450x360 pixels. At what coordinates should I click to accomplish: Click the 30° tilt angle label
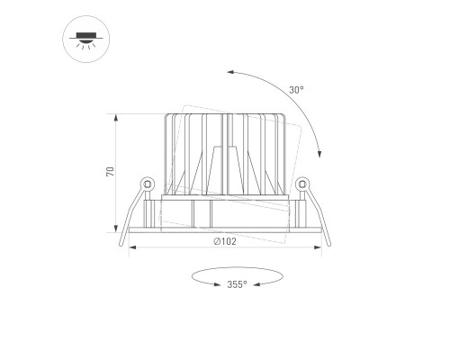(x=296, y=90)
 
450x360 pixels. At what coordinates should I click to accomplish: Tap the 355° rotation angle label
(x=237, y=284)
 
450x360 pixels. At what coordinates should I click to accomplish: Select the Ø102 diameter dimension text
(x=225, y=241)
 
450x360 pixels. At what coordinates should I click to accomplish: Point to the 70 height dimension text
(x=111, y=172)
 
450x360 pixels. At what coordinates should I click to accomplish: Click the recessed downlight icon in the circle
(x=86, y=40)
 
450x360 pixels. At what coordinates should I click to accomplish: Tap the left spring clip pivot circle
(x=148, y=184)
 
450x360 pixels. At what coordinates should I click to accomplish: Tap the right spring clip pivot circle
(x=302, y=184)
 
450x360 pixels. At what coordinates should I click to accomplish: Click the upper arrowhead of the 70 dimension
(x=116, y=118)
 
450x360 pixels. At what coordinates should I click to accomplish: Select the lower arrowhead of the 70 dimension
(x=116, y=229)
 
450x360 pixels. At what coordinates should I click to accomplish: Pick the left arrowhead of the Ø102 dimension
(x=132, y=247)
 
